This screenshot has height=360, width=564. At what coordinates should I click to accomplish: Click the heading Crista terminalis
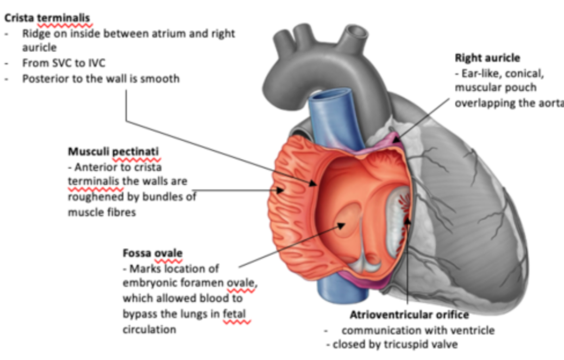[x=48, y=17]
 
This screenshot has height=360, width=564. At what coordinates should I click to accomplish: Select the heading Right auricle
[x=487, y=58]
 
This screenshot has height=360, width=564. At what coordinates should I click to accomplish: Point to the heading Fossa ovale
[x=153, y=253]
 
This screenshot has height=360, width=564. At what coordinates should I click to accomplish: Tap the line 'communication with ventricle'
[x=418, y=330]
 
